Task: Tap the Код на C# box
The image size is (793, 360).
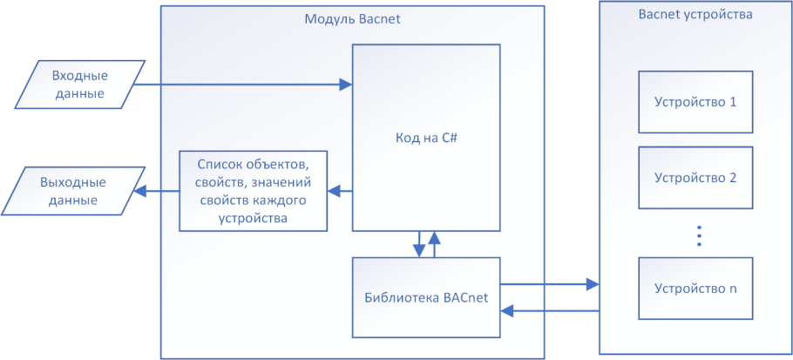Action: tap(426, 138)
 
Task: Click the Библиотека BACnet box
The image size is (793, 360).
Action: tap(426, 297)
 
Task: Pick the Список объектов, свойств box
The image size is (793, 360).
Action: tap(253, 191)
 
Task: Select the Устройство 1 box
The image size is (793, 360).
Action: tap(695, 101)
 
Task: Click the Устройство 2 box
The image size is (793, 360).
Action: tap(695, 177)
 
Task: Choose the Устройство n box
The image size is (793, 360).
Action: tap(695, 289)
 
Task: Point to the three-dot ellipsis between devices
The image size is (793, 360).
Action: tap(699, 236)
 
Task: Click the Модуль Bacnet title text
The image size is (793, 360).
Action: tap(352, 19)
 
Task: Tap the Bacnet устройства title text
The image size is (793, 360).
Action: tap(695, 15)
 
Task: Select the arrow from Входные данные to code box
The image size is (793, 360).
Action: tap(244, 85)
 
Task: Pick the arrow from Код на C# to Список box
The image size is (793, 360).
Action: tap(340, 191)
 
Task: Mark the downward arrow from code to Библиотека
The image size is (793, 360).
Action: tap(418, 244)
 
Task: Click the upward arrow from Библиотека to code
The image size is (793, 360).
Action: tap(434, 244)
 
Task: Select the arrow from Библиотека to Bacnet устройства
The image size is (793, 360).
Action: tap(549, 284)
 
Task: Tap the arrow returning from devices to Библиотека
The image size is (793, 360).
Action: tap(549, 310)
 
